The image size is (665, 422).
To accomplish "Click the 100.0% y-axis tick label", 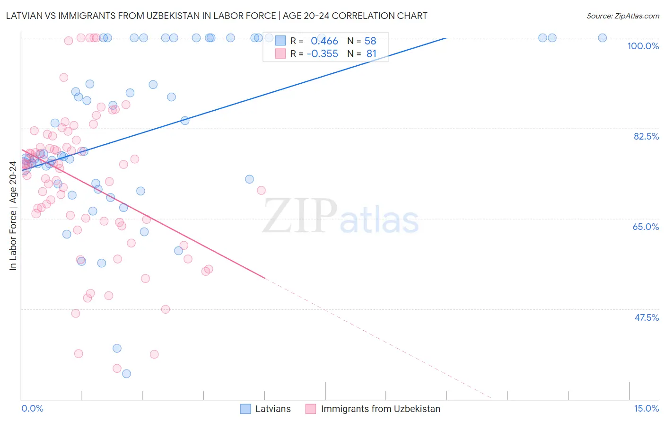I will pos(643,46).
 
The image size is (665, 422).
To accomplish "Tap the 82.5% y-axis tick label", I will pos(646,136).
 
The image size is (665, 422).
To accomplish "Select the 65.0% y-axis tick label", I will pos(646,227).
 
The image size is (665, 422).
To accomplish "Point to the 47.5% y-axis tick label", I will pos(646,317).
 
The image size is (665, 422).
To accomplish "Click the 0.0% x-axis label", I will pos(32,408).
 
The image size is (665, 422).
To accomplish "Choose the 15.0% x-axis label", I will pos(646,408).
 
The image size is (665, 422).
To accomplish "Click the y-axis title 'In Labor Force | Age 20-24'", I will pos(13,216).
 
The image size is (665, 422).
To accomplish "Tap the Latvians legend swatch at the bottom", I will pos(245,409).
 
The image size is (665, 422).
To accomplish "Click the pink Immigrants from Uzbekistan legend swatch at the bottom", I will pos(311,409).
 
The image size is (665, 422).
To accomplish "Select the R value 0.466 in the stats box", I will pos(324,41).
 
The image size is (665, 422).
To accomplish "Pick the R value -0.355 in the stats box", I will pos(322,54).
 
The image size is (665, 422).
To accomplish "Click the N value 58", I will pos(370,41).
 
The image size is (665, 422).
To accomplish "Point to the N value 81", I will pos(371,54).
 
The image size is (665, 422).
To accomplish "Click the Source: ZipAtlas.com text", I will pos(622,16).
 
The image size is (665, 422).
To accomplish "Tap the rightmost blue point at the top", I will pos(602,38).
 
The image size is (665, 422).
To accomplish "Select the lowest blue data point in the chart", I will pos(126,374).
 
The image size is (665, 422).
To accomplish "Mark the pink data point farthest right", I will pos(261,191).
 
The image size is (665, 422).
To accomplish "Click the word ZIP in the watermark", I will pos(300,216).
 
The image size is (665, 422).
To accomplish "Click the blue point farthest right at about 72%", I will pos(249,179).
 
